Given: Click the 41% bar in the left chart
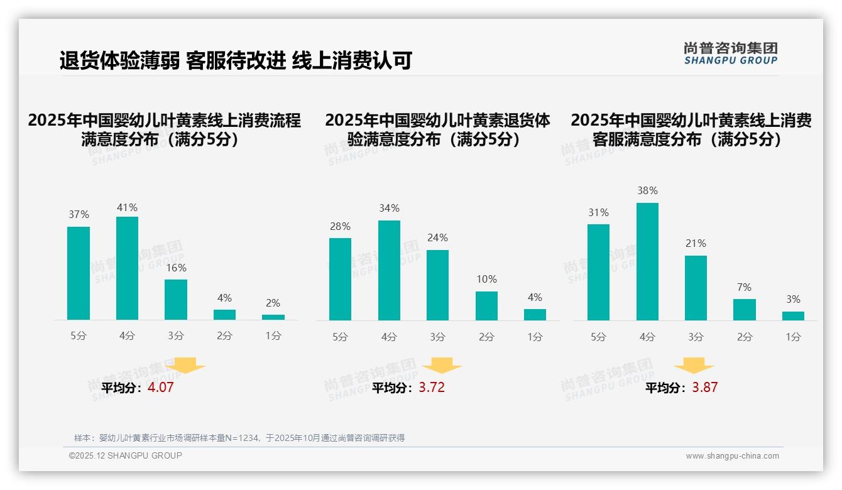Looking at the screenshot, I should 128,268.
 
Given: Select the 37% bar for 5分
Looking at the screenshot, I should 79,273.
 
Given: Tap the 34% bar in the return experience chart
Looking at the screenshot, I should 389,270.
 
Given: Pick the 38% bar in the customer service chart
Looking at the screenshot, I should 647,261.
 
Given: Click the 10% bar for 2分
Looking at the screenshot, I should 486,306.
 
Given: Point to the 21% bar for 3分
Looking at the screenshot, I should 696,288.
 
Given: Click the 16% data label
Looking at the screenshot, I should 176,268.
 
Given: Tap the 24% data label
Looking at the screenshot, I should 437,237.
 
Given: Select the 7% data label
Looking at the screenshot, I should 744,287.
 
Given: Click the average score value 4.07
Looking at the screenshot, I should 160,388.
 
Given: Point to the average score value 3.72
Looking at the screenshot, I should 432,388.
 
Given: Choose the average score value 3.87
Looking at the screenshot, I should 704,388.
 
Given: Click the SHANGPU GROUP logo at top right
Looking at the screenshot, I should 730,53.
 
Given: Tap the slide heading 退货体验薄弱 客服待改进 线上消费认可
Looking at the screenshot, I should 236,61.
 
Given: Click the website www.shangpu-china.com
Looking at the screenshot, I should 732,456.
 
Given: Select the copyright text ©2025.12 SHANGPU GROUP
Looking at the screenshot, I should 126,456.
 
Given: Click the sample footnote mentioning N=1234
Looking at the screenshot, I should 239,438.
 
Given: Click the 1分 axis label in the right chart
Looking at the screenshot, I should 793,337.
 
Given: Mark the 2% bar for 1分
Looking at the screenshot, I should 273,317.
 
